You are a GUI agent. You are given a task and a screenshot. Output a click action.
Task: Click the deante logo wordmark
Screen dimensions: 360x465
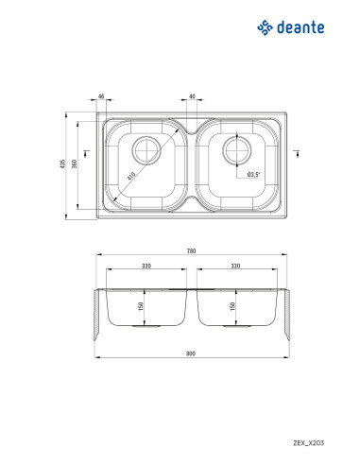[300, 27]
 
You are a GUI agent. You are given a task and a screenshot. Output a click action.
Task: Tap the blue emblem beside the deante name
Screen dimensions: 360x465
[265, 27]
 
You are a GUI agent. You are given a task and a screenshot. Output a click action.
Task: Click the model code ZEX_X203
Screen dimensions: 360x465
[308, 442]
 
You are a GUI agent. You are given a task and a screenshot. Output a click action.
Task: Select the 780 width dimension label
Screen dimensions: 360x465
[191, 250]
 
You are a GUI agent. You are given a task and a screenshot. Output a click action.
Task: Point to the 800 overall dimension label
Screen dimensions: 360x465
[191, 353]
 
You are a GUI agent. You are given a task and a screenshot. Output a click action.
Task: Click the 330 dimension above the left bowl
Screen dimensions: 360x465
[146, 266]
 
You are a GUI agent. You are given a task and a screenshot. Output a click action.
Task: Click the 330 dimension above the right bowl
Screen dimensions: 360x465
[235, 266]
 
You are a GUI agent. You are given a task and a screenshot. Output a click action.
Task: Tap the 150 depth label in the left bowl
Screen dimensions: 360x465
[141, 306]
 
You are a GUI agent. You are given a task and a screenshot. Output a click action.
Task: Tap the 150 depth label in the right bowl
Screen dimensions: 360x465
[232, 306]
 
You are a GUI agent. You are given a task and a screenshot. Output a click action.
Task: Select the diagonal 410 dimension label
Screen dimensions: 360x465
[131, 176]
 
